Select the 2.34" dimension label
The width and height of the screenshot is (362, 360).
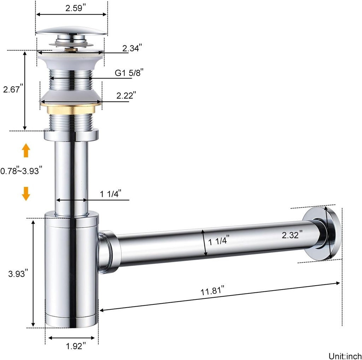133,48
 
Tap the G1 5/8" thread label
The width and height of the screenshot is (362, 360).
129,73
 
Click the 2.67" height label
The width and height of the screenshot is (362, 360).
13,90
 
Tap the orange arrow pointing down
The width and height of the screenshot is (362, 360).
26,194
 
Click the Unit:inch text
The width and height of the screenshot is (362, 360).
345,355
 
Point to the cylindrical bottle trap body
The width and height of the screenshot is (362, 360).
71,269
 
